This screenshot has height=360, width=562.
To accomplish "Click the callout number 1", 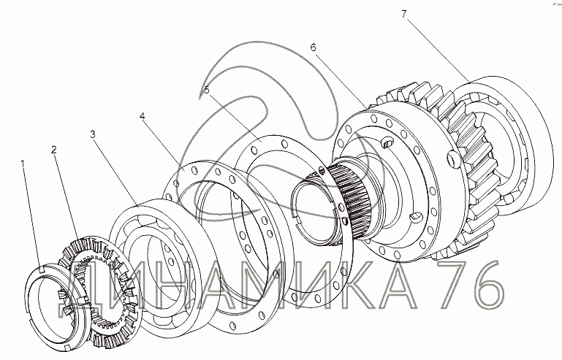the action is (x=23, y=164).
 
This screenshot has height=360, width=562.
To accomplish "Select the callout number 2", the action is (x=54, y=149).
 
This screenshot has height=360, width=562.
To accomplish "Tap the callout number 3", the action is (x=93, y=134).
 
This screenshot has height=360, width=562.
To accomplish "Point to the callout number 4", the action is (x=143, y=116).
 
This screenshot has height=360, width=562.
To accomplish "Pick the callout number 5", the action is (x=206, y=90).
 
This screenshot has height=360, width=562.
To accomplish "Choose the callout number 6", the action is (x=314, y=47).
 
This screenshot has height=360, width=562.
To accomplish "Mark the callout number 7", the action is (x=404, y=14).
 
